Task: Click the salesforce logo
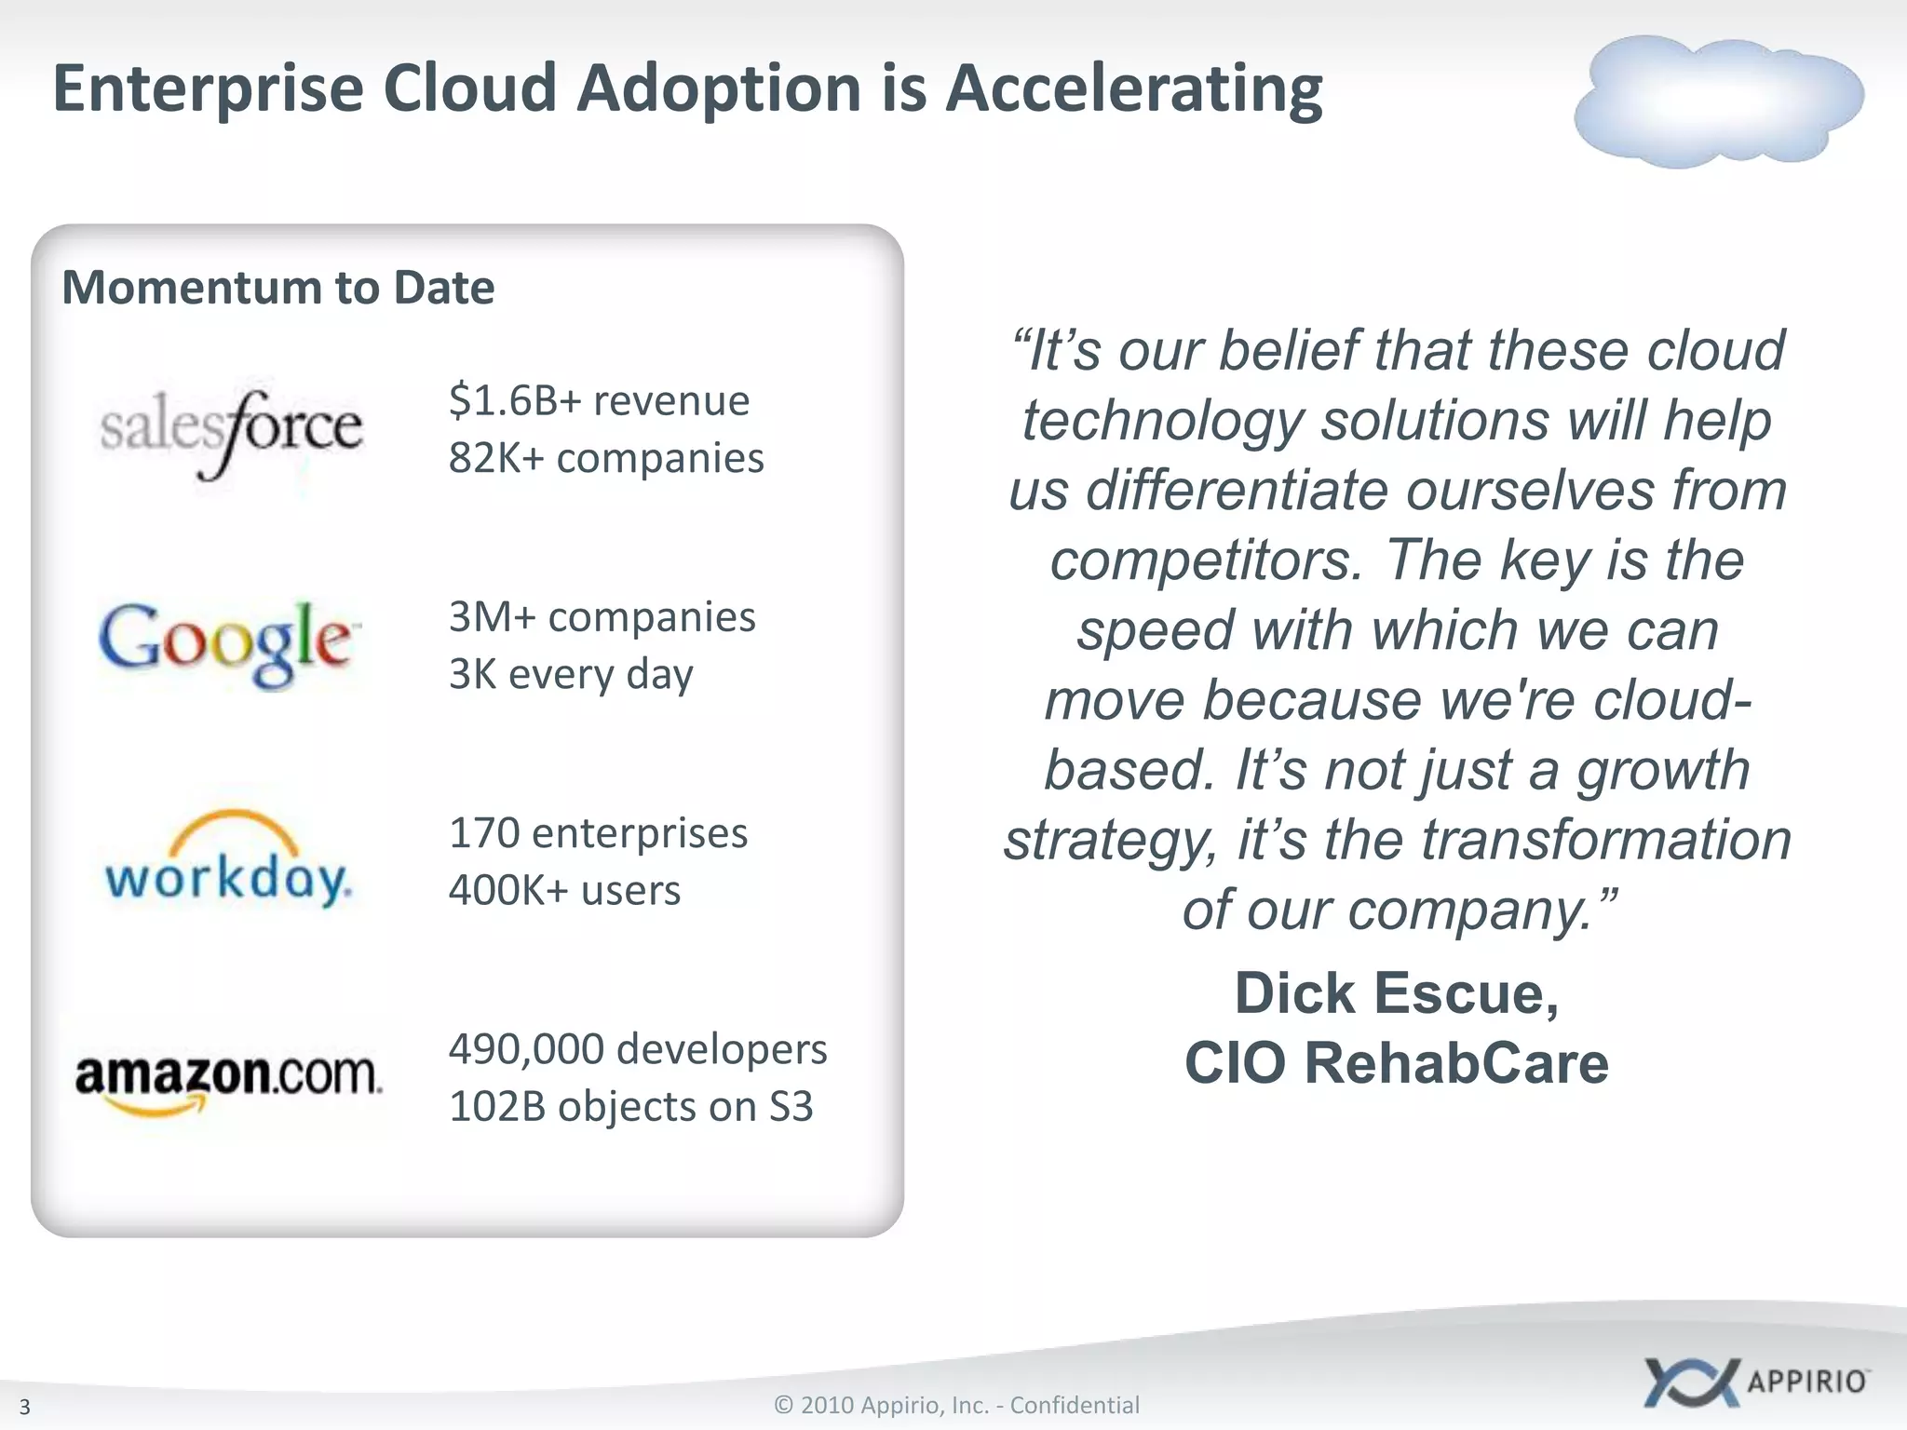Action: [231, 431]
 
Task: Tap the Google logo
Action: [226, 642]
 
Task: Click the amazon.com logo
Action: [228, 1080]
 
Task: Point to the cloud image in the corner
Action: [1718, 101]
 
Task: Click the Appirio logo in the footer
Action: [1756, 1381]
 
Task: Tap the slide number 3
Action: [25, 1406]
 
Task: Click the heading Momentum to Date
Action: [277, 288]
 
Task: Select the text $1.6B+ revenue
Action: [599, 401]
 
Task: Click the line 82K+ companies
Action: [606, 458]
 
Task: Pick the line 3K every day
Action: [571, 674]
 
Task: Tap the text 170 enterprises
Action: [598, 833]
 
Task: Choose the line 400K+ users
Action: [564, 891]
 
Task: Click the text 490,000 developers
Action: [638, 1049]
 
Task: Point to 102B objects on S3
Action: [630, 1107]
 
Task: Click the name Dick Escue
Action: [1396, 993]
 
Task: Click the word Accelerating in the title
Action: [1133, 89]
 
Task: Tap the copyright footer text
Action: [956, 1405]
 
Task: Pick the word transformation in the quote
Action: [1605, 840]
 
